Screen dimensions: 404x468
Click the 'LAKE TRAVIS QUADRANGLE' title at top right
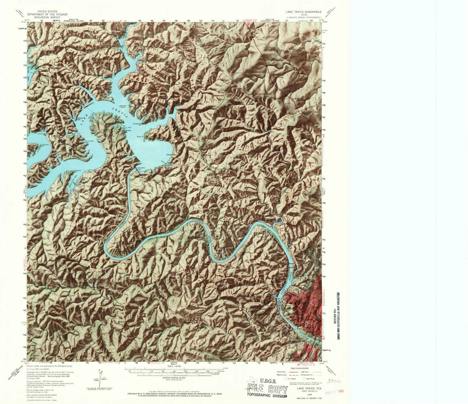coord(303,12)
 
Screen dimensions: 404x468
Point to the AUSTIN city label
coord(297,303)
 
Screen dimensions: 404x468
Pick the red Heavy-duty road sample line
coord(287,371)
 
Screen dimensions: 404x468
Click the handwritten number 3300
coord(334,381)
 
